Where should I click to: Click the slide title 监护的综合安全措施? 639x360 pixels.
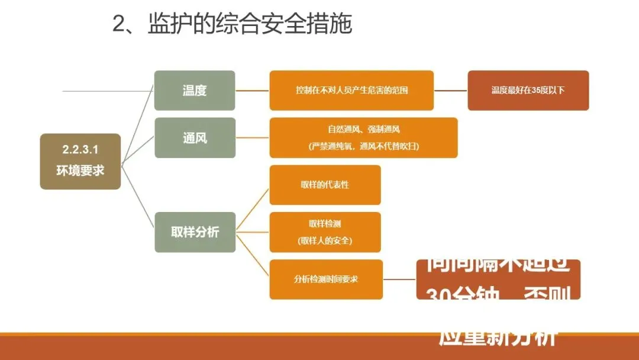(x=250, y=24)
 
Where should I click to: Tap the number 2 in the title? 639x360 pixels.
(x=120, y=25)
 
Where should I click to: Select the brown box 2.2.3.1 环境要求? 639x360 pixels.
(x=80, y=161)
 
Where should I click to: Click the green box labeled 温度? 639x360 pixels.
(x=195, y=91)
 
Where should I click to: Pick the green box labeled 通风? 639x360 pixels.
(x=195, y=138)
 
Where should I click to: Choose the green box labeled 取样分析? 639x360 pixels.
(x=195, y=232)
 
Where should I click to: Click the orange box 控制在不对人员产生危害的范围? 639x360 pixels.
(x=351, y=91)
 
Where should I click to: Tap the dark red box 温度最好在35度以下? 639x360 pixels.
(x=528, y=91)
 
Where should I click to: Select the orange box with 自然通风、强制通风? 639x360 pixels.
(x=363, y=129)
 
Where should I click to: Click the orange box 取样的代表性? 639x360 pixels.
(x=325, y=185)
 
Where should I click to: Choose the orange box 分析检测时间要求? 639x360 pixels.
(x=325, y=279)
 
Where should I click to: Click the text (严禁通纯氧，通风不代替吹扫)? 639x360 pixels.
(x=363, y=146)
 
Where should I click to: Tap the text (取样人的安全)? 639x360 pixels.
(x=325, y=240)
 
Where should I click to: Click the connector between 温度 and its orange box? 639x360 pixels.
(x=253, y=91)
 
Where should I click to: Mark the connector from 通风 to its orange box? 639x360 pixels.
(x=253, y=138)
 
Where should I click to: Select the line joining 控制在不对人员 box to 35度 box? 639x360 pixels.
(x=450, y=91)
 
